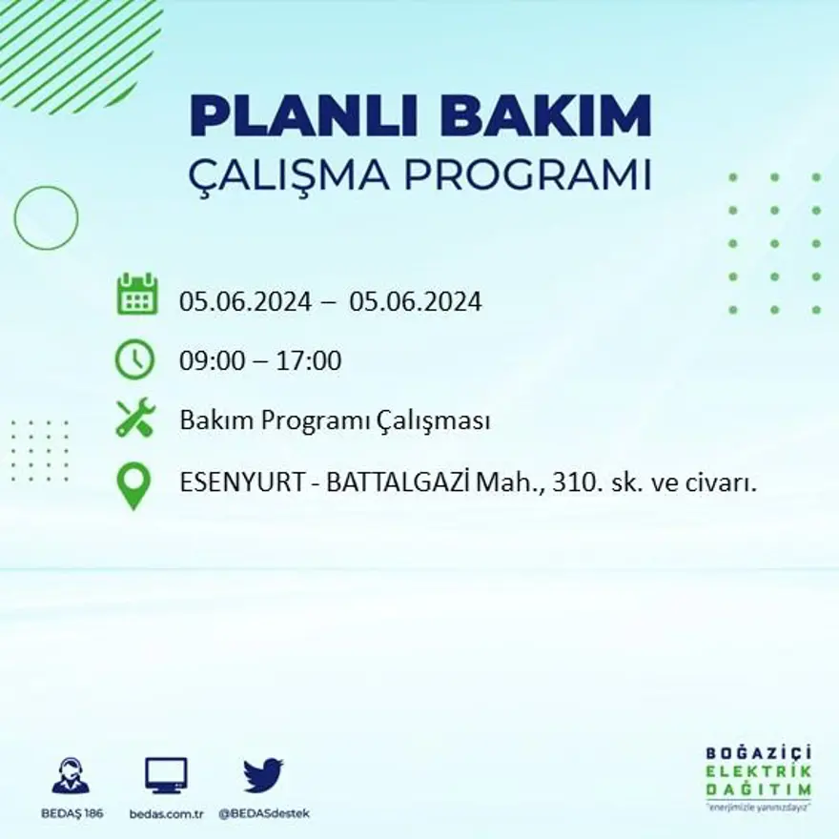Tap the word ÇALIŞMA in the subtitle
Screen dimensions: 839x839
point(297,176)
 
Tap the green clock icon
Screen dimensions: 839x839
point(134,359)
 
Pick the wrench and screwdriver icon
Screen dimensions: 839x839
point(134,418)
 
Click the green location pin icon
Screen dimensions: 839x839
point(133,484)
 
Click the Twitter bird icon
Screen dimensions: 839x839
point(263,775)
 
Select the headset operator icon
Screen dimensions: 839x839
point(71,776)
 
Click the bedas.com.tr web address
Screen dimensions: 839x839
point(167,813)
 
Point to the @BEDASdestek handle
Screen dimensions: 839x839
point(264,813)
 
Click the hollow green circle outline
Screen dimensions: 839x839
point(46,218)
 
